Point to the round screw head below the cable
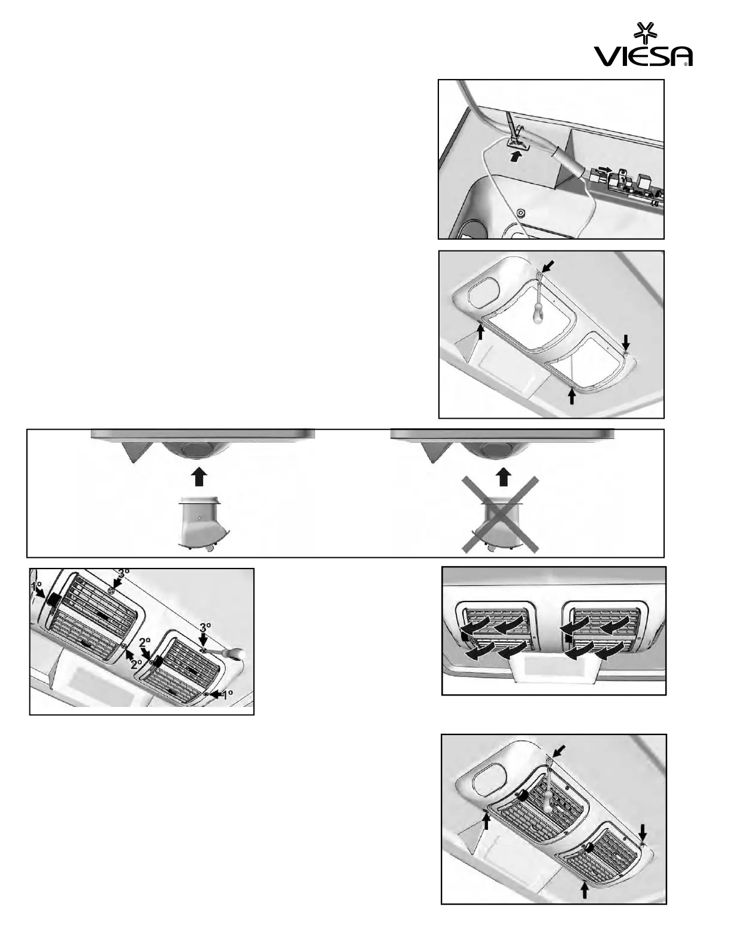[x=520, y=213]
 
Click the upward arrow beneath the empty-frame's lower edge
[x=572, y=396]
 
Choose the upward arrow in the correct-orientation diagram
[x=200, y=477]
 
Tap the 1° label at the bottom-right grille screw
[x=226, y=695]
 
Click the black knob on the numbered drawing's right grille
[x=159, y=662]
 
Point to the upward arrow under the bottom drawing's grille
[x=585, y=891]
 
